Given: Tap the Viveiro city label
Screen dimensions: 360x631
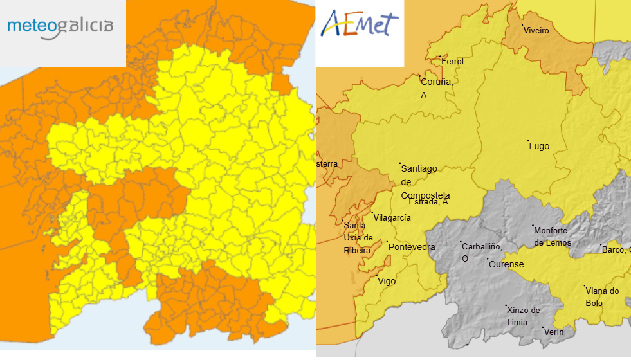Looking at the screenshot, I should [x=536, y=31].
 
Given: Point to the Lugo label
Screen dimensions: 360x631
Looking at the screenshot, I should [x=539, y=147].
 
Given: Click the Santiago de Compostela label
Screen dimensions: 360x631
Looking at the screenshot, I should [x=421, y=182].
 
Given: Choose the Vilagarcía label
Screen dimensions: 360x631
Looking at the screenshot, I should [x=392, y=218].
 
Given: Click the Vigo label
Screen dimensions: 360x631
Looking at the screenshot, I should [x=387, y=282].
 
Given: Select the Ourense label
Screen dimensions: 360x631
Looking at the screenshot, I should [x=506, y=265].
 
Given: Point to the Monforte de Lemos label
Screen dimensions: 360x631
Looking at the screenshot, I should [x=552, y=237].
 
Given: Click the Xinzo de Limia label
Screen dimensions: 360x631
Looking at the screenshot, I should [x=524, y=316].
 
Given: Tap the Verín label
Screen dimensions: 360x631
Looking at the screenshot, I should [x=554, y=332].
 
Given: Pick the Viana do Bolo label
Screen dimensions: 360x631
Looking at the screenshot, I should [x=602, y=296].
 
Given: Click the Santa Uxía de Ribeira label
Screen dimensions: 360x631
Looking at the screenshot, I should [x=358, y=238].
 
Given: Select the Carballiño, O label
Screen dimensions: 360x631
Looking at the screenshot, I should [x=480, y=252].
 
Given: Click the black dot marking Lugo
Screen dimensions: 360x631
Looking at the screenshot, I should [x=528, y=141].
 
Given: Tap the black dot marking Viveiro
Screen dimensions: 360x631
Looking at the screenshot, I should [x=522, y=26].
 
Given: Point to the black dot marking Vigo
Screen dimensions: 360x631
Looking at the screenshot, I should [x=377, y=276].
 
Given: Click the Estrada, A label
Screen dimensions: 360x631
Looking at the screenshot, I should [x=428, y=202].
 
